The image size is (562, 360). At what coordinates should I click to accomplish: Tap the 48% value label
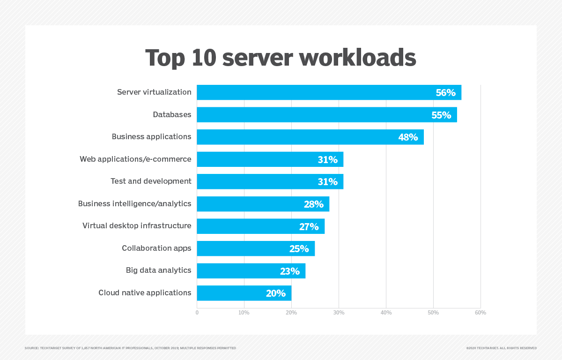pyautogui.click(x=408, y=137)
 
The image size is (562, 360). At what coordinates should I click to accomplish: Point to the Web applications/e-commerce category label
pyautogui.click(x=135, y=159)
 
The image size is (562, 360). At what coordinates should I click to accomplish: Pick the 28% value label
pyautogui.click(x=314, y=204)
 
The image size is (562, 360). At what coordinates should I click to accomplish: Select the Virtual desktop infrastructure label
pyautogui.click(x=137, y=226)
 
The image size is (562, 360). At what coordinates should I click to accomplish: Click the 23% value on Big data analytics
pyautogui.click(x=290, y=271)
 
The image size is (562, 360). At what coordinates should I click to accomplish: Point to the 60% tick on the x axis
pyautogui.click(x=481, y=313)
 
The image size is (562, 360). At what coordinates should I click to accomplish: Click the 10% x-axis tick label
pyautogui.click(x=244, y=313)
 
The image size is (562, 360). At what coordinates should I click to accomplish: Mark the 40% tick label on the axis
pyautogui.click(x=386, y=313)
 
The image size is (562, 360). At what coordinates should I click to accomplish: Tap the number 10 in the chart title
pyautogui.click(x=203, y=58)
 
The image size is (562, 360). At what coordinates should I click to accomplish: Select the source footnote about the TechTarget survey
pyautogui.click(x=130, y=348)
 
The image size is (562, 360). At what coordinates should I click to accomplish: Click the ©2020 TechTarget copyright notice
pyautogui.click(x=501, y=348)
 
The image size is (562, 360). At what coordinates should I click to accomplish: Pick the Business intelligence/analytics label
pyautogui.click(x=135, y=204)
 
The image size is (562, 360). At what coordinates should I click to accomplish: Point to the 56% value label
pyautogui.click(x=445, y=93)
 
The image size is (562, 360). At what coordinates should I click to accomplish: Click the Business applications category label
pyautogui.click(x=151, y=137)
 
